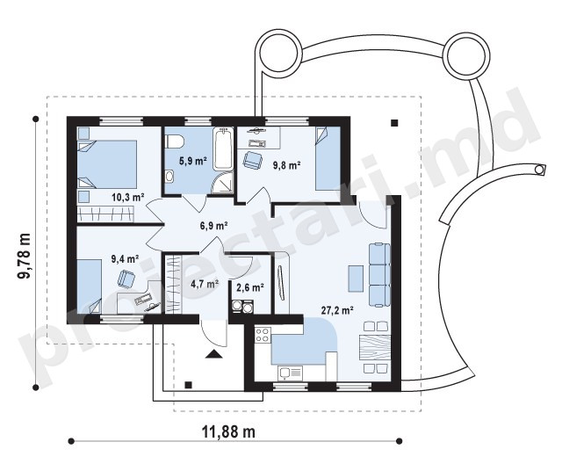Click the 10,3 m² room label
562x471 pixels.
point(128,197)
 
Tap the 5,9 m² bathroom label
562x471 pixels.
point(193,161)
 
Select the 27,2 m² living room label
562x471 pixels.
point(337,310)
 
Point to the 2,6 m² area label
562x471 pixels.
point(250,287)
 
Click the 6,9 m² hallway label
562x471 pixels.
point(214,226)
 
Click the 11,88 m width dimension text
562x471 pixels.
point(228,432)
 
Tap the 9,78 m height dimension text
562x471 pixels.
point(25,256)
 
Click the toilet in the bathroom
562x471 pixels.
point(174,141)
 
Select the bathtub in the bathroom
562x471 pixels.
point(222,149)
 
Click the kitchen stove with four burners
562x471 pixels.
point(263,334)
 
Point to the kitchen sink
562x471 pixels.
point(290,373)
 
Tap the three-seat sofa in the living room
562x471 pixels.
point(379,275)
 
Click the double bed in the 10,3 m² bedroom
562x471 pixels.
point(107,164)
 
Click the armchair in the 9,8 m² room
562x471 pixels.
point(253,160)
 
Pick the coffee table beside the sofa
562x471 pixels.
point(355,278)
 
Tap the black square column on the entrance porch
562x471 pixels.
point(188,385)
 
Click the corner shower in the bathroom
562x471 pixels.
point(222,184)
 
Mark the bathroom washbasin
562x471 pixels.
point(169,176)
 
